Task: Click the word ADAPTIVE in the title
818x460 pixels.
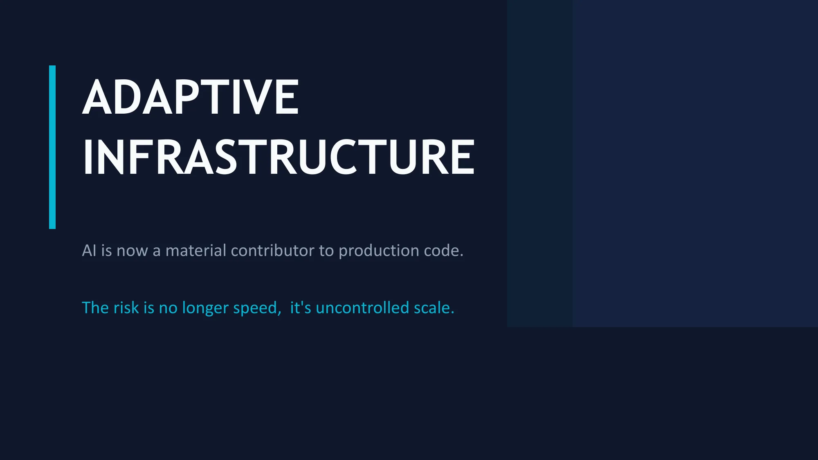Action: pos(191,97)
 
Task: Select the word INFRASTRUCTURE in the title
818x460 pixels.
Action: pos(278,157)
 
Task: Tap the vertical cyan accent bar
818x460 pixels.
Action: pos(52,147)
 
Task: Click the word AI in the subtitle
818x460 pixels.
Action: pos(89,251)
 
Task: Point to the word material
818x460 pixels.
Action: pos(196,251)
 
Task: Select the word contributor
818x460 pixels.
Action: pos(272,251)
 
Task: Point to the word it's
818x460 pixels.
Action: pos(301,308)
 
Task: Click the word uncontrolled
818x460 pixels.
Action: pos(362,308)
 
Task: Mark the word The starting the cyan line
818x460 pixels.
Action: pos(95,308)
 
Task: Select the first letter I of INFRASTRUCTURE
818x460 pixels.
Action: pos(86,157)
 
